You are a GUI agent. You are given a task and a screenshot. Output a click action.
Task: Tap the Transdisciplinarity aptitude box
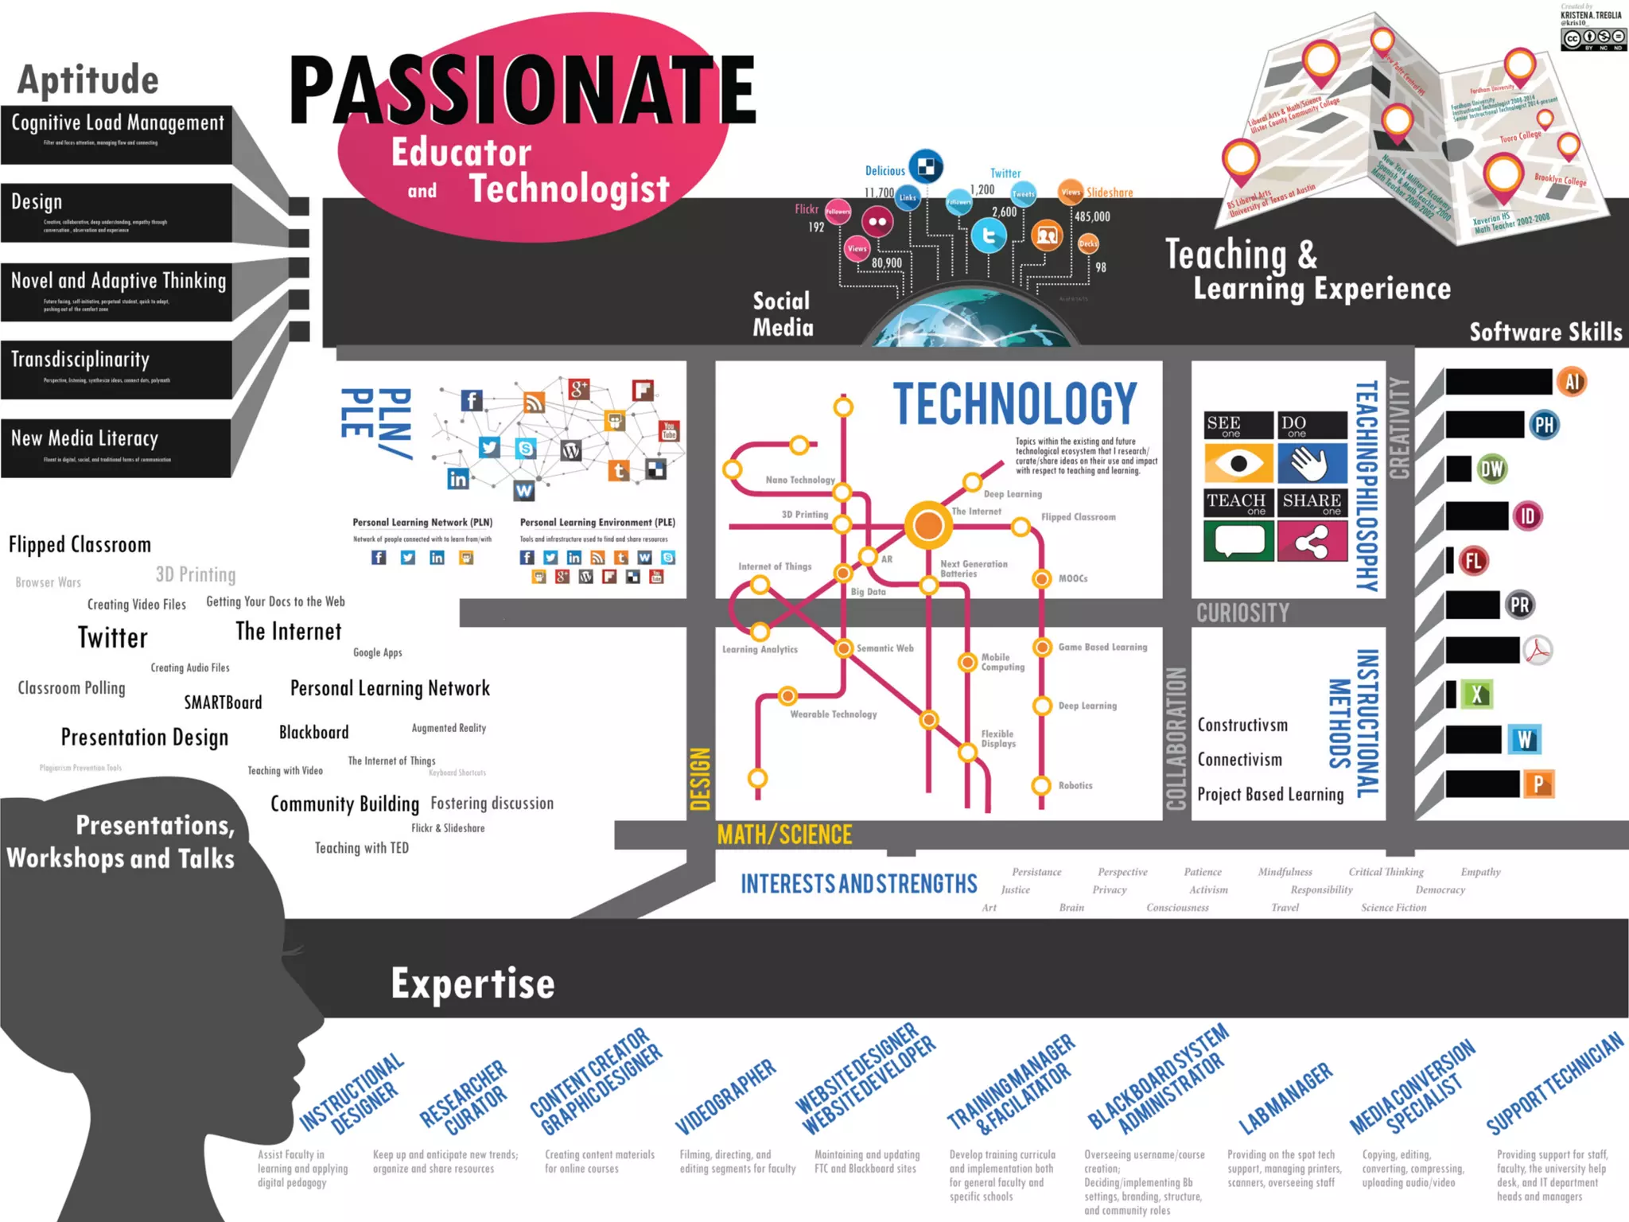(x=116, y=368)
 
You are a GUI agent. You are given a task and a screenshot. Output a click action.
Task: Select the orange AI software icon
(x=1572, y=382)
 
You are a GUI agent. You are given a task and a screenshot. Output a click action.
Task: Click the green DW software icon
(x=1491, y=469)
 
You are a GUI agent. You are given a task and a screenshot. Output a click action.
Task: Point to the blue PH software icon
(x=1543, y=425)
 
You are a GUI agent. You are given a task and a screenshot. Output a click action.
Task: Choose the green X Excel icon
(x=1477, y=695)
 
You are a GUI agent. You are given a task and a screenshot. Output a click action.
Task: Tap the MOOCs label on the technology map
(x=1073, y=578)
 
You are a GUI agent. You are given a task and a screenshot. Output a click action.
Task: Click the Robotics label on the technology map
(x=1075, y=785)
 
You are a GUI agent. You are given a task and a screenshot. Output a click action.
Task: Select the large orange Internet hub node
(x=928, y=525)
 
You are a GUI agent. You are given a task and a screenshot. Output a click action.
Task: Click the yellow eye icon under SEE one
(x=1238, y=463)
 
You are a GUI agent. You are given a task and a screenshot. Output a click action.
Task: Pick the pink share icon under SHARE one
(x=1312, y=543)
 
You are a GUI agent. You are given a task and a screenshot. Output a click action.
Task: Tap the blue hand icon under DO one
(x=1312, y=463)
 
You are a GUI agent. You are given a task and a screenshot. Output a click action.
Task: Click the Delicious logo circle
(x=926, y=166)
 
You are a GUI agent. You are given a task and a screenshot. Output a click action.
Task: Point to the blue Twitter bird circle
(x=989, y=236)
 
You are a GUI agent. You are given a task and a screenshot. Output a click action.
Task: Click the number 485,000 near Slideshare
(x=1092, y=216)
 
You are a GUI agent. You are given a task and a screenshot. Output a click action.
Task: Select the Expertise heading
(x=472, y=984)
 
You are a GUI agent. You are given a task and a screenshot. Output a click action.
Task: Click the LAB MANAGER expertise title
(x=1285, y=1098)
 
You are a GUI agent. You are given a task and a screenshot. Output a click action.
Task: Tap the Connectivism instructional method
(x=1240, y=760)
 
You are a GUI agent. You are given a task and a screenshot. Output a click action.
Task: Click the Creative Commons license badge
(x=1593, y=38)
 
